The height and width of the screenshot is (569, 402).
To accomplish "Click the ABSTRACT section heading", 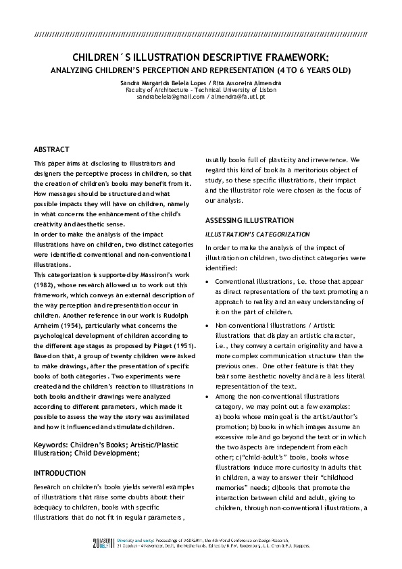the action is tap(52, 149).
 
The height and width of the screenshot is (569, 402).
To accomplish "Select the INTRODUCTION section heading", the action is tap(61, 473).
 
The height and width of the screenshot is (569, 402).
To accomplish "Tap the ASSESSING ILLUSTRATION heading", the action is tap(249, 220).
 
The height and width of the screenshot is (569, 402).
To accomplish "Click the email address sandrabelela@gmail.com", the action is tap(170, 97).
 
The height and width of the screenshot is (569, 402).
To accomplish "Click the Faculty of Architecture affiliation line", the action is tap(201, 89).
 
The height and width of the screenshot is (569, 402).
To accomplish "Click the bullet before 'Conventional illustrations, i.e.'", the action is tap(207, 281).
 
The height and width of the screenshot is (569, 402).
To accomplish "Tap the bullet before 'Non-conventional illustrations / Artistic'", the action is tap(207, 326).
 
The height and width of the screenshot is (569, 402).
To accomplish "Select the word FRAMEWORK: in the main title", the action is tap(301, 57).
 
